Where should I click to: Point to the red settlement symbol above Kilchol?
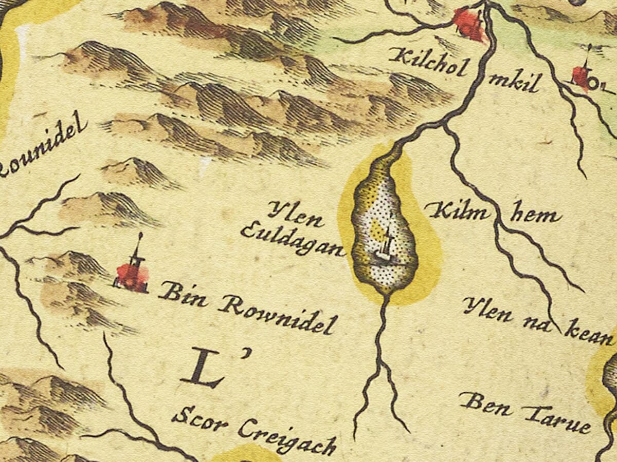click(469, 24)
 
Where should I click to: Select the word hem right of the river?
click(535, 216)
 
